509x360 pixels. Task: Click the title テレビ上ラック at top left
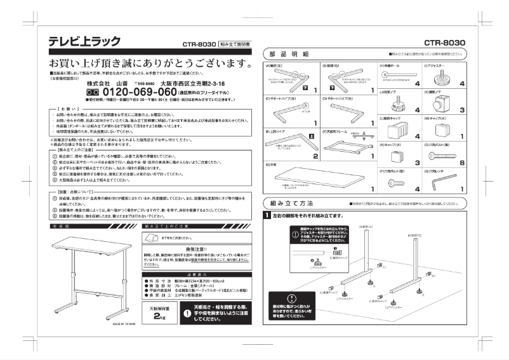(x=84, y=41)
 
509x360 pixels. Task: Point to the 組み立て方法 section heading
(x=291, y=203)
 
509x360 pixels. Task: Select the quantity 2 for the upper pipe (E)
(x=315, y=156)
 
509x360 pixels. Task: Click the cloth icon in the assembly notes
(x=150, y=237)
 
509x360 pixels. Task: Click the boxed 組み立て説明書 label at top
(x=235, y=44)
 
